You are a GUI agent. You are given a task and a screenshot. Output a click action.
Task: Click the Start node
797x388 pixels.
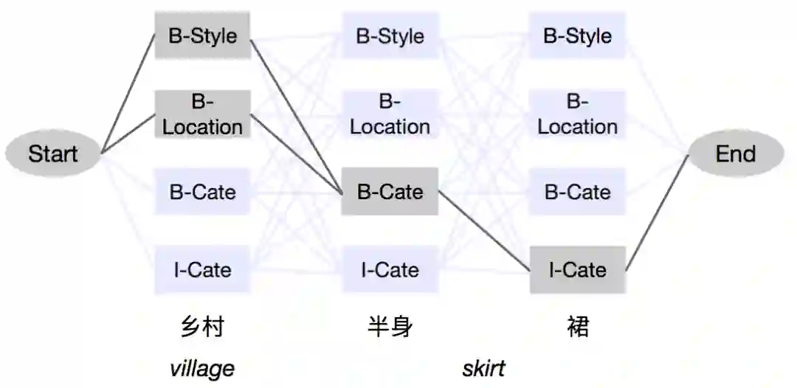(x=52, y=153)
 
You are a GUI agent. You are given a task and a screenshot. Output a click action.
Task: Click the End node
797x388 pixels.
(x=735, y=153)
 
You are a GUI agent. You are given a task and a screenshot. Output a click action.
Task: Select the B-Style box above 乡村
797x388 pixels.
(x=202, y=35)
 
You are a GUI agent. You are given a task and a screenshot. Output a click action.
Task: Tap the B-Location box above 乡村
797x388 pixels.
(x=202, y=114)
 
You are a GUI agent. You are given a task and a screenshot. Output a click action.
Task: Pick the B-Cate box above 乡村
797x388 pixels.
(x=202, y=192)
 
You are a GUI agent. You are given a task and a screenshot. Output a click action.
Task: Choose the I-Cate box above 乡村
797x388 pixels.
(x=202, y=269)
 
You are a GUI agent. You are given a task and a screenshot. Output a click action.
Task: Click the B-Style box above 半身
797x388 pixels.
(x=390, y=35)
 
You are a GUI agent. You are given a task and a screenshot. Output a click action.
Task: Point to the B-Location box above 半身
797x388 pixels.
(x=390, y=114)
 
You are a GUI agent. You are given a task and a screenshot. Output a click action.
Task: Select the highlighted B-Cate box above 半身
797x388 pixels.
(x=390, y=192)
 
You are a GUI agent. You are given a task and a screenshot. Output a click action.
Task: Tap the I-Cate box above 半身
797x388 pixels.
(x=390, y=269)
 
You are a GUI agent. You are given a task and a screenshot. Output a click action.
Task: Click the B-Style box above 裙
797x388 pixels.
(x=577, y=35)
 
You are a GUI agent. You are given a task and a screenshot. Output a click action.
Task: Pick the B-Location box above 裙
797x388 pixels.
(x=577, y=114)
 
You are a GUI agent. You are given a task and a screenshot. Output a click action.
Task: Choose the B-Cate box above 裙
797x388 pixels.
(x=577, y=192)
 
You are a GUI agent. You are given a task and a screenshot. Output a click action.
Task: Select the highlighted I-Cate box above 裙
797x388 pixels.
(x=577, y=269)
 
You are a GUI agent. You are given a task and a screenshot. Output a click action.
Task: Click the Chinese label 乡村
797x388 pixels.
(x=202, y=326)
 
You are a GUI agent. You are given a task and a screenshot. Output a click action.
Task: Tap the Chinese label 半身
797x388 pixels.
(x=390, y=326)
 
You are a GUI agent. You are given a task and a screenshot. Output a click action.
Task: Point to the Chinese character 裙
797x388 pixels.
(x=578, y=326)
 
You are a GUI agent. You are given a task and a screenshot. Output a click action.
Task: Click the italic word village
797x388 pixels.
(x=202, y=367)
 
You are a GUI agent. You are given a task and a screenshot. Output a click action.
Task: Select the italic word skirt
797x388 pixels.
(x=483, y=367)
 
